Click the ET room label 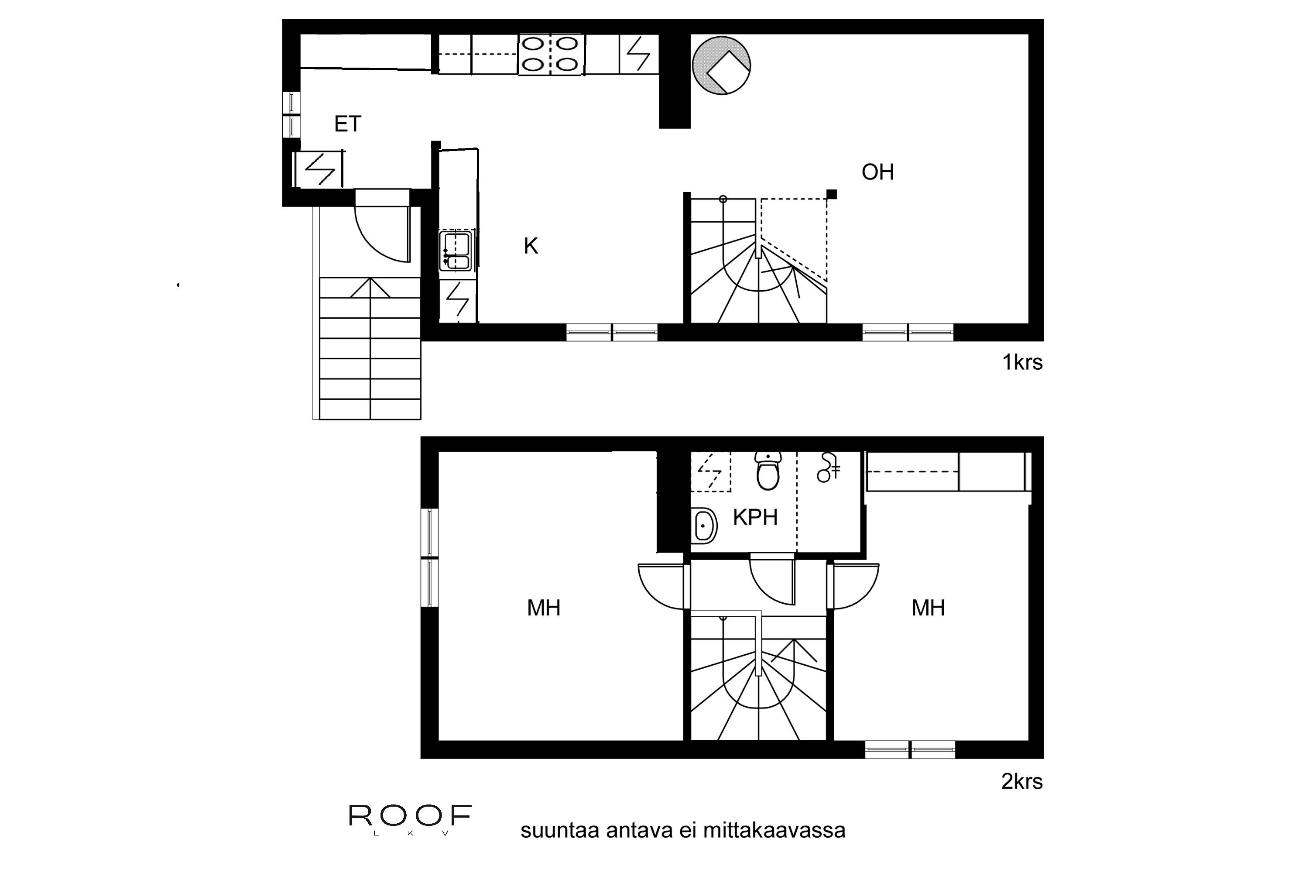pyautogui.click(x=348, y=124)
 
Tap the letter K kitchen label pyautogui.click(x=531, y=246)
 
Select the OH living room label pyautogui.click(x=877, y=172)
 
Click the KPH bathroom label pyautogui.click(x=755, y=517)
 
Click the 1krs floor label pyautogui.click(x=1022, y=362)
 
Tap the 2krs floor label pyautogui.click(x=1022, y=782)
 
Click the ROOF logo pyautogui.click(x=410, y=816)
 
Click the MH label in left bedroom pyautogui.click(x=543, y=608)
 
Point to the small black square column pyautogui.click(x=832, y=194)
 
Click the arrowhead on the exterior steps pyautogui.click(x=370, y=287)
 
